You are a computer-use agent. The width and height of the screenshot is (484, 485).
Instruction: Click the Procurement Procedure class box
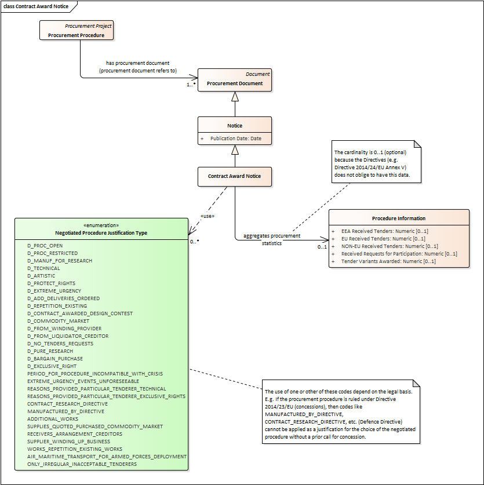(x=77, y=30)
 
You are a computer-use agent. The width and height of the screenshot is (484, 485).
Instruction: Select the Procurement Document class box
(x=235, y=80)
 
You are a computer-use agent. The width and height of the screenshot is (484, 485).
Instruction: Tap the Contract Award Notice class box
(x=235, y=177)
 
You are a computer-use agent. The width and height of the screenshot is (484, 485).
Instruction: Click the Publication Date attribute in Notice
(x=236, y=138)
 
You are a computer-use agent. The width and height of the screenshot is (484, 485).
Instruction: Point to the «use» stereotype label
(x=208, y=216)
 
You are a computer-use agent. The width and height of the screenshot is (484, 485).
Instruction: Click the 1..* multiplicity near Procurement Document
(x=191, y=85)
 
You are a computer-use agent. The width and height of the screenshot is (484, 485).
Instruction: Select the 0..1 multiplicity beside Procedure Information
(x=322, y=247)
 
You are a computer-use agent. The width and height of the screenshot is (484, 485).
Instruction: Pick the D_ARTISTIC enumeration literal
(x=41, y=276)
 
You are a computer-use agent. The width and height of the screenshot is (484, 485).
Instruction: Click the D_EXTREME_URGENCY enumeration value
(x=54, y=291)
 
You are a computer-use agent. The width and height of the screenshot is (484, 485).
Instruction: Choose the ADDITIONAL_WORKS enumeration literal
(x=53, y=419)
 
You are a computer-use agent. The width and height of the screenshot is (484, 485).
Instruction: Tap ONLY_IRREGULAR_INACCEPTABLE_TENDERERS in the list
(x=82, y=464)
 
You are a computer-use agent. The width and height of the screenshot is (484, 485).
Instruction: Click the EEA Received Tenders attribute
(x=385, y=231)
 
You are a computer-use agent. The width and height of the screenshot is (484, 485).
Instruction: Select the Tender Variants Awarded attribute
(x=388, y=261)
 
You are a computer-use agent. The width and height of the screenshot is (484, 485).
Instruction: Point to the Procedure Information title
(x=399, y=218)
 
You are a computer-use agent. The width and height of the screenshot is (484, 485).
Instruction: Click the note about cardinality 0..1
(x=376, y=162)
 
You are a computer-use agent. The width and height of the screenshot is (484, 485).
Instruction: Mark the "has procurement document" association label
(x=138, y=63)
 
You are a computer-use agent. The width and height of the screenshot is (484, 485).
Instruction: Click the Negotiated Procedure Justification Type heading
(x=101, y=233)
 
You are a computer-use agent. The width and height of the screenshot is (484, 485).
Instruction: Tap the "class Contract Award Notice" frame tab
(x=36, y=6)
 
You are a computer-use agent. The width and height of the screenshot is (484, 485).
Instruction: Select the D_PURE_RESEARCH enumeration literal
(x=50, y=351)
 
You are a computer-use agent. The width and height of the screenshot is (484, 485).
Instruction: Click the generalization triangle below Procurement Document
(x=235, y=97)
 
